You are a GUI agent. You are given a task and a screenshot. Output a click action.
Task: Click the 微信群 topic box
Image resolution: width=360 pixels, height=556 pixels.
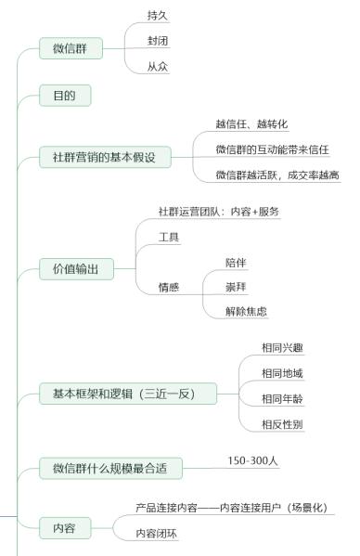71,48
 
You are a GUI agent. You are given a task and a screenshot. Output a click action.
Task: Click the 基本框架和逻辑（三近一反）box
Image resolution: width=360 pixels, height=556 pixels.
129,394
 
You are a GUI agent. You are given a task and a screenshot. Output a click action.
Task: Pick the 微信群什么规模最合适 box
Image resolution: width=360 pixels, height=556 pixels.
110,468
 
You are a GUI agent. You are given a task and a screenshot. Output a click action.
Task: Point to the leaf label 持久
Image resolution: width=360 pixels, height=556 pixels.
158,17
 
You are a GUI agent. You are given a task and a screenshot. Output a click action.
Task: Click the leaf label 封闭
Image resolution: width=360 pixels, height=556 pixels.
158,42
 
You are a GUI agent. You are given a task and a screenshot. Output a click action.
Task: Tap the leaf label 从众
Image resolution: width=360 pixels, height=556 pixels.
158,67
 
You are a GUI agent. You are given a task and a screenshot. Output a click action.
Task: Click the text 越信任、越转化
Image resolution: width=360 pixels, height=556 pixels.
251,124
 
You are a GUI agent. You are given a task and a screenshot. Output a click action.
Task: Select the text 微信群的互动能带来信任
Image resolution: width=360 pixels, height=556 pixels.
273,149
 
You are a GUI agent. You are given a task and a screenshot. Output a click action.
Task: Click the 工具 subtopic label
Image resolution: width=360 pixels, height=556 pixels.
169,238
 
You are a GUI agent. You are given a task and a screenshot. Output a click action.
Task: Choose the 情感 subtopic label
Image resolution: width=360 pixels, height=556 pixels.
169,288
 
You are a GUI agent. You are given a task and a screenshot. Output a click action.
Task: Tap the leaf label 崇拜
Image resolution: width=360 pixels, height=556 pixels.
235,287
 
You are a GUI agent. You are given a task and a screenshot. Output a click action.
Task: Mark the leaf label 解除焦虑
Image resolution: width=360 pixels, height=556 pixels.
246,311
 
